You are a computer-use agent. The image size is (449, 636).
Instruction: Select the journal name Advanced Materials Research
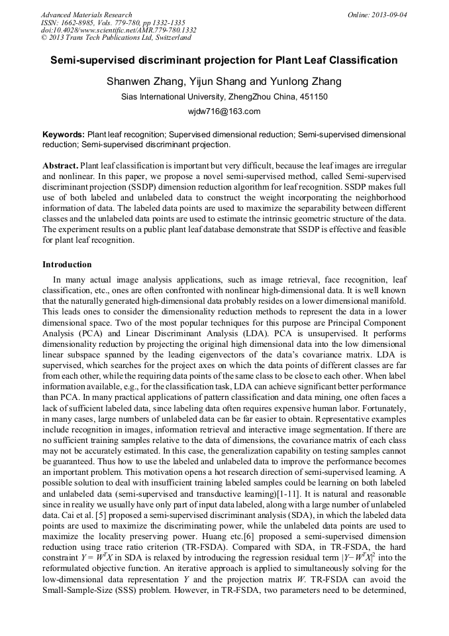86,15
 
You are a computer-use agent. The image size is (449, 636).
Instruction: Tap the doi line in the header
119,30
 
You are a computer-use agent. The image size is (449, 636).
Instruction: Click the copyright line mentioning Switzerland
116,38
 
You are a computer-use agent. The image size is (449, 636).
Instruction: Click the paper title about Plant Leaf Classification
224,60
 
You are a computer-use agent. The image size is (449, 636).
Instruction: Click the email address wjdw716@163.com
224,111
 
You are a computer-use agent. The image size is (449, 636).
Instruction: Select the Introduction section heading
67,264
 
